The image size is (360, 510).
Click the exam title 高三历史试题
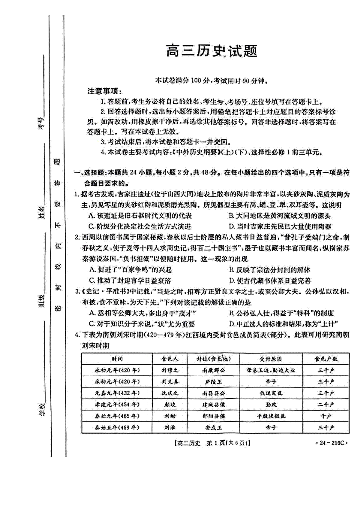pos(211,51)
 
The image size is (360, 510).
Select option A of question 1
pos(140,216)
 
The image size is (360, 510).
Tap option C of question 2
pos(130,281)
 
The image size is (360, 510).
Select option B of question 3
pos(281,313)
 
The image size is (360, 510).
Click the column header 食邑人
pos(169,359)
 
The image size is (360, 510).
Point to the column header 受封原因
pos(271,359)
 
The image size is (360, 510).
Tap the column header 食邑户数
pos(326,359)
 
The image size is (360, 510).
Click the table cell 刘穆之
pos(169,370)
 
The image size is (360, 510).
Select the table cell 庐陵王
pos(213,382)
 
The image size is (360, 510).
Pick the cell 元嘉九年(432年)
pos(117,393)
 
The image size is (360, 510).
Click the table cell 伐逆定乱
pos(271,393)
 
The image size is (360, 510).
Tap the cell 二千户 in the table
pos(326,405)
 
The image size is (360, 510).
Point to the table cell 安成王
pos(213,427)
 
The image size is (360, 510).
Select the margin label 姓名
pos(42,212)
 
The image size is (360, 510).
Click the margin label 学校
pos(42,409)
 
